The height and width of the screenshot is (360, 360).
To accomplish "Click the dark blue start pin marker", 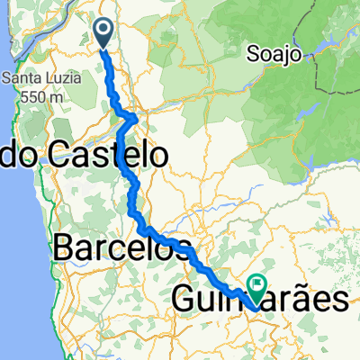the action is (103, 34).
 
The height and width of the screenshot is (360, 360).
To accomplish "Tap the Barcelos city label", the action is (123, 247).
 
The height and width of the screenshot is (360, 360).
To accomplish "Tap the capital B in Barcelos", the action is (65, 247).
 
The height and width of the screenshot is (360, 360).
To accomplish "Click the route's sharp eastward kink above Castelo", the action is (134, 117).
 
